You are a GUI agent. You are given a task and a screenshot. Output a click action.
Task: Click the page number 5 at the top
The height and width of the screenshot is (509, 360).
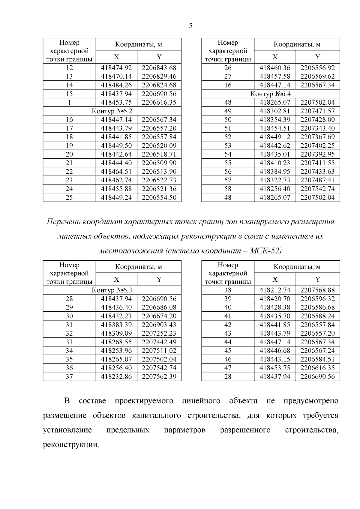point(191,26)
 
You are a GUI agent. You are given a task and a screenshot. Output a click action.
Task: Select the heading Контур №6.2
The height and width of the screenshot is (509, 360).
point(112,111)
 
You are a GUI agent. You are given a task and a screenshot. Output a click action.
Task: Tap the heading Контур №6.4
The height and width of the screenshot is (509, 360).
point(270,94)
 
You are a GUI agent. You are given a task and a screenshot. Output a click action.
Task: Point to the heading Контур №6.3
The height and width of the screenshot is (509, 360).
point(112,290)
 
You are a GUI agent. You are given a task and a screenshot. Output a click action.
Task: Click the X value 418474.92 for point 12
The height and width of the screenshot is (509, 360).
point(116,68)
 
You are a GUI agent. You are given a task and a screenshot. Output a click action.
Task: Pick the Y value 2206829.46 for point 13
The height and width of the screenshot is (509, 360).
point(159,76)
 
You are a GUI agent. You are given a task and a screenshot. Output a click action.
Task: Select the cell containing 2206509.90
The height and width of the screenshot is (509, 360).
point(159,163)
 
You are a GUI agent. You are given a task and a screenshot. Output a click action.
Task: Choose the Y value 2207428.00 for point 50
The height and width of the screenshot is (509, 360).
point(317,120)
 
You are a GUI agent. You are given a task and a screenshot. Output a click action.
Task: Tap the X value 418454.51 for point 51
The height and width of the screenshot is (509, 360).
point(275,128)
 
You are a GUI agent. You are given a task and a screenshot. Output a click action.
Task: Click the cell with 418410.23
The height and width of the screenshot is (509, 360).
point(275,163)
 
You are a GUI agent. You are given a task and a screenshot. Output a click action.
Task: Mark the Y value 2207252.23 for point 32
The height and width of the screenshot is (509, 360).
point(159,333)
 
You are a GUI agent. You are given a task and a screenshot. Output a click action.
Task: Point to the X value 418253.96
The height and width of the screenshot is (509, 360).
point(116,351)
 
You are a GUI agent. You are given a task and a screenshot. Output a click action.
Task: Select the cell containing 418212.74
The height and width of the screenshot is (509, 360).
point(275,290)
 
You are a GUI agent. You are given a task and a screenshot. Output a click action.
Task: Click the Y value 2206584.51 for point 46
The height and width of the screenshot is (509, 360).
point(317,359)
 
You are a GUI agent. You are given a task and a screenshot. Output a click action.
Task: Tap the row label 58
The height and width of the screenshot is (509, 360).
point(228,189)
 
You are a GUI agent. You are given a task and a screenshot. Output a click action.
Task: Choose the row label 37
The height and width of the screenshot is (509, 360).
point(69,376)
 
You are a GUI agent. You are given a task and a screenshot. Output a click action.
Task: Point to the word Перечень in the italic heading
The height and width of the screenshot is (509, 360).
point(63,222)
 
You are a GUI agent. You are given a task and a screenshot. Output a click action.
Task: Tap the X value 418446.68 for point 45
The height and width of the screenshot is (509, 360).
point(275,351)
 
